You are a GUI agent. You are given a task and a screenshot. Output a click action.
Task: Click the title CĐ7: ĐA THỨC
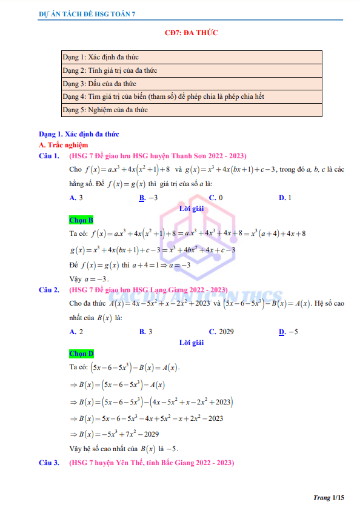[x=192, y=33]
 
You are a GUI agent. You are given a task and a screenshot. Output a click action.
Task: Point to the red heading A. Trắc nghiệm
[x=63, y=146]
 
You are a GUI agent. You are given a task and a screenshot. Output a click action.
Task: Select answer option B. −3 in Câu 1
[x=148, y=198]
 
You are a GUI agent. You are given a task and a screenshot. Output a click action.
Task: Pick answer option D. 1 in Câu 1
[x=285, y=198]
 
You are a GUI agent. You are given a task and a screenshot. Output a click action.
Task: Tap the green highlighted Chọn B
[x=81, y=220]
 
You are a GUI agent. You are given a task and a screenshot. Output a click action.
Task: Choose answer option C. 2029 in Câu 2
[x=221, y=332]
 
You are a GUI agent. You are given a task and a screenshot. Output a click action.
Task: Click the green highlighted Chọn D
[x=81, y=354]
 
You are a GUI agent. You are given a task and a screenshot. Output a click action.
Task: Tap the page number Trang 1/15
[x=328, y=497]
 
